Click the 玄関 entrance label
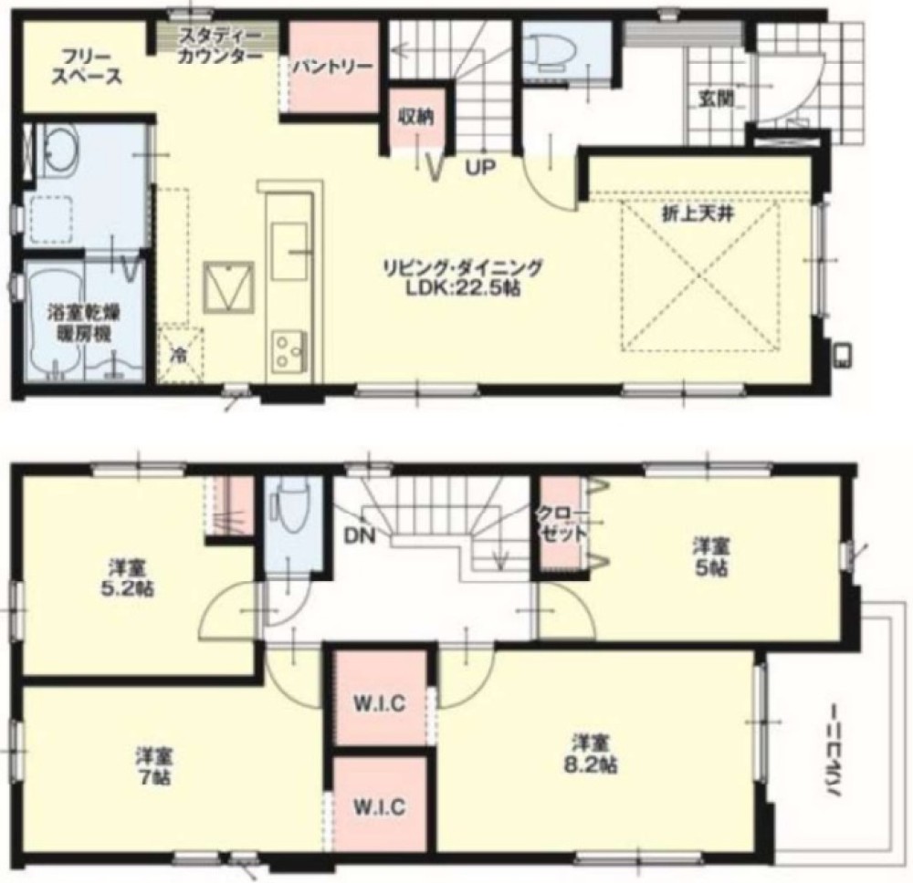pos(713,98)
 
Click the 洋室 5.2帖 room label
pos(128,577)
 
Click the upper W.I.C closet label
pos(381,703)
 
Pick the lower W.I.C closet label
pos(381,806)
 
